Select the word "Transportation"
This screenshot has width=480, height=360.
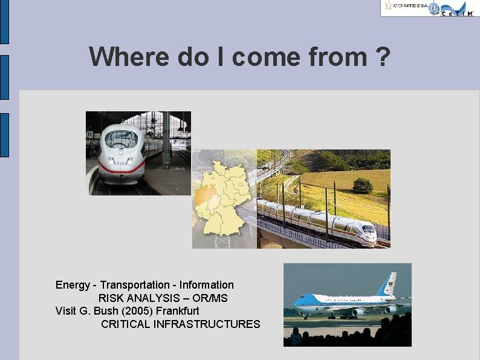pos(135,285)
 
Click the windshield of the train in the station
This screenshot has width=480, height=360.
pos(121,139)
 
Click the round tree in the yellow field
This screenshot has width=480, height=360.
pos(363,185)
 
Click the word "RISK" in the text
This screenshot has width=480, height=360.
pos(111,298)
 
